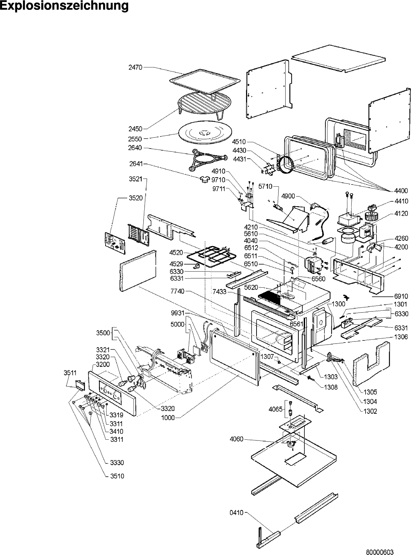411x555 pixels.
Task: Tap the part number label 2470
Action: click(136, 67)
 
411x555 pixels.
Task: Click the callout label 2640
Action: click(135, 148)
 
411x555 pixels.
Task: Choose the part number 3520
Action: click(136, 198)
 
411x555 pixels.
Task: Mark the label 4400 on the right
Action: click(401, 191)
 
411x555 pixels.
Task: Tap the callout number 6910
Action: click(401, 296)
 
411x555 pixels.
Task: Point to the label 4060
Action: click(237, 439)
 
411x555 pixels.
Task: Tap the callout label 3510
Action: click(117, 476)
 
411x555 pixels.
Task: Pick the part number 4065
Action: click(275, 409)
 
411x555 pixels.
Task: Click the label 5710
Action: click(265, 187)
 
